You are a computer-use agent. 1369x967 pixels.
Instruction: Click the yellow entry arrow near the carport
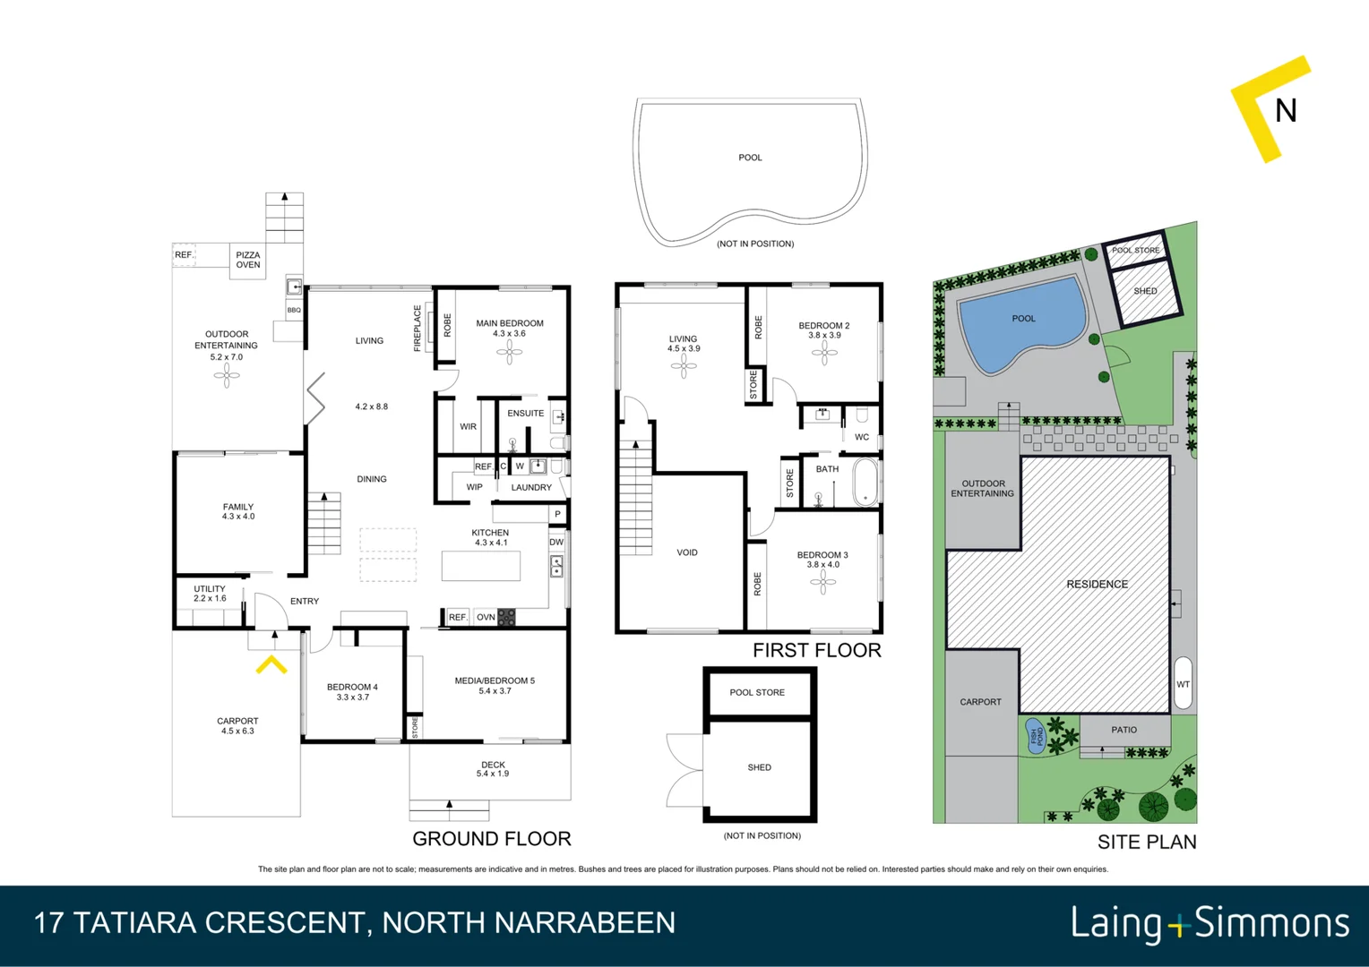[271, 664]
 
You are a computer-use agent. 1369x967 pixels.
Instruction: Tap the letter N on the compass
[1286, 111]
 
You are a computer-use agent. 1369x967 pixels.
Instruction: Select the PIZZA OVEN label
[248, 261]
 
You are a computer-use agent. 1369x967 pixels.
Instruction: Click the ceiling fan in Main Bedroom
[509, 352]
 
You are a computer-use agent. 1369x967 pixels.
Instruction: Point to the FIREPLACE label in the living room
[418, 328]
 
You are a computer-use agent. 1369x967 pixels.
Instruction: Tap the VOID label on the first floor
[687, 552]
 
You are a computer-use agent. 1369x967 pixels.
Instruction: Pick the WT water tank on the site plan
[1183, 684]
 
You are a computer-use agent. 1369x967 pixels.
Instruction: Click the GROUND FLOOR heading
[491, 839]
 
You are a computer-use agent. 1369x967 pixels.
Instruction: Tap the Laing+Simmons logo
[1210, 923]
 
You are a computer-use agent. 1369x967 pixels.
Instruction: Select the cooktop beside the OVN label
[506, 617]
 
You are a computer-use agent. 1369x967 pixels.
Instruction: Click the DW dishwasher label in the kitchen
[556, 542]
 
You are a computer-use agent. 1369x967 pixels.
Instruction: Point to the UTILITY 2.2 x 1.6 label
[210, 594]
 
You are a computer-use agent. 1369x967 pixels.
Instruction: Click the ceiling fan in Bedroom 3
[822, 583]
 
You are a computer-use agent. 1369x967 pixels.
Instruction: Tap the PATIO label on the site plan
[1124, 730]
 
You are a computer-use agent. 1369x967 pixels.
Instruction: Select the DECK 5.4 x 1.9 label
[493, 769]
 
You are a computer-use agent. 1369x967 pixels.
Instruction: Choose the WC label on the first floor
[861, 437]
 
